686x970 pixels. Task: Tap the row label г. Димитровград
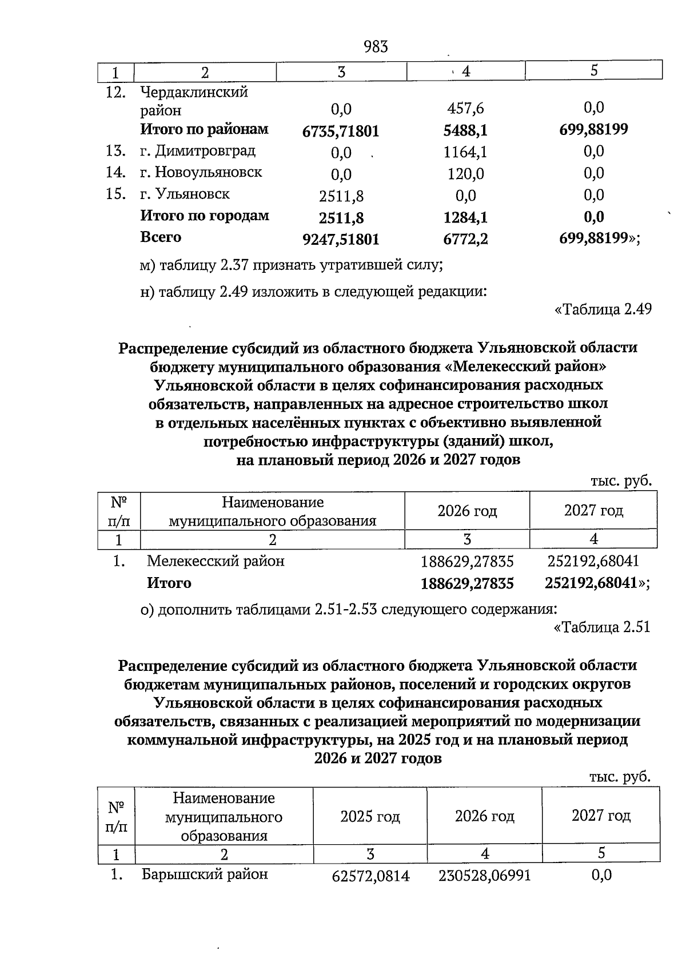tap(198, 151)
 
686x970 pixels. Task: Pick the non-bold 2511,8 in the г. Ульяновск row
tap(341, 196)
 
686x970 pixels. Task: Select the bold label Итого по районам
tap(204, 129)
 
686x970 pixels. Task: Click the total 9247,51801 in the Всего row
tap(341, 240)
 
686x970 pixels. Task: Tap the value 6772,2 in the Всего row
tap(465, 239)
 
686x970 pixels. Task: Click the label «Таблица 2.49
tap(603, 309)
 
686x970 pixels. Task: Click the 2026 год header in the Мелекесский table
tap(466, 511)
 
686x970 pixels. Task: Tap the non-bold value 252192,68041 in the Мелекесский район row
tap(593, 561)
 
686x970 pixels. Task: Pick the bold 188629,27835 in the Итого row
tap(466, 583)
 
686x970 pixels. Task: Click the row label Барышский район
tap(204, 874)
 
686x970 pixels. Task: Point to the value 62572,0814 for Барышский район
tap(370, 876)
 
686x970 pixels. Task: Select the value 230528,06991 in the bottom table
tap(484, 876)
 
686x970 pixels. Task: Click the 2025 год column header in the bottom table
tap(370, 816)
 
